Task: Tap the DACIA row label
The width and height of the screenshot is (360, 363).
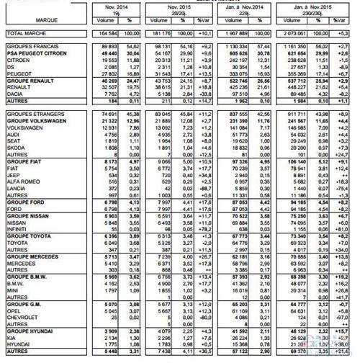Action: click(15, 94)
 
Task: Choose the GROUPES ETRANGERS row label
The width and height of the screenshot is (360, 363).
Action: click(30, 114)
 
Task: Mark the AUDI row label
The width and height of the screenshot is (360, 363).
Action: click(13, 134)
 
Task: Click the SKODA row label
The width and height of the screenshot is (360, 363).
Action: click(15, 146)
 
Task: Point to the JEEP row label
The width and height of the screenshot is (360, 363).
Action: click(13, 174)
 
